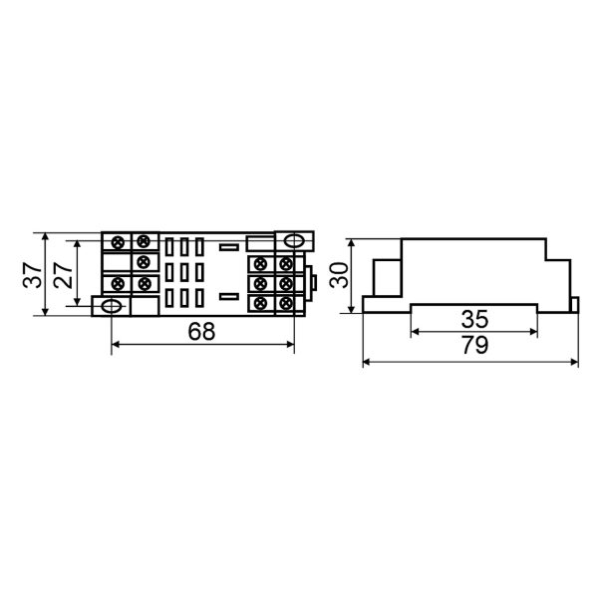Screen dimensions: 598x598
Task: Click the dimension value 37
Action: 33,275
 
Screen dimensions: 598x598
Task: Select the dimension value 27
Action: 64,275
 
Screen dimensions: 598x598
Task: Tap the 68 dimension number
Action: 201,332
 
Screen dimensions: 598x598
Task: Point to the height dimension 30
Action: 339,275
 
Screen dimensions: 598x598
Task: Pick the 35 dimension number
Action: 474,319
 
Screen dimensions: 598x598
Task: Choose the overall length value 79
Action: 474,345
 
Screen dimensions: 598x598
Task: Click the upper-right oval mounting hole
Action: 294,241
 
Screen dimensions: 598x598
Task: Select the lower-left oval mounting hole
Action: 111,306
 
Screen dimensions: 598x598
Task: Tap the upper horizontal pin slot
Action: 229,247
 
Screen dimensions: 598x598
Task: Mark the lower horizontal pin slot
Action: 229,296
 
